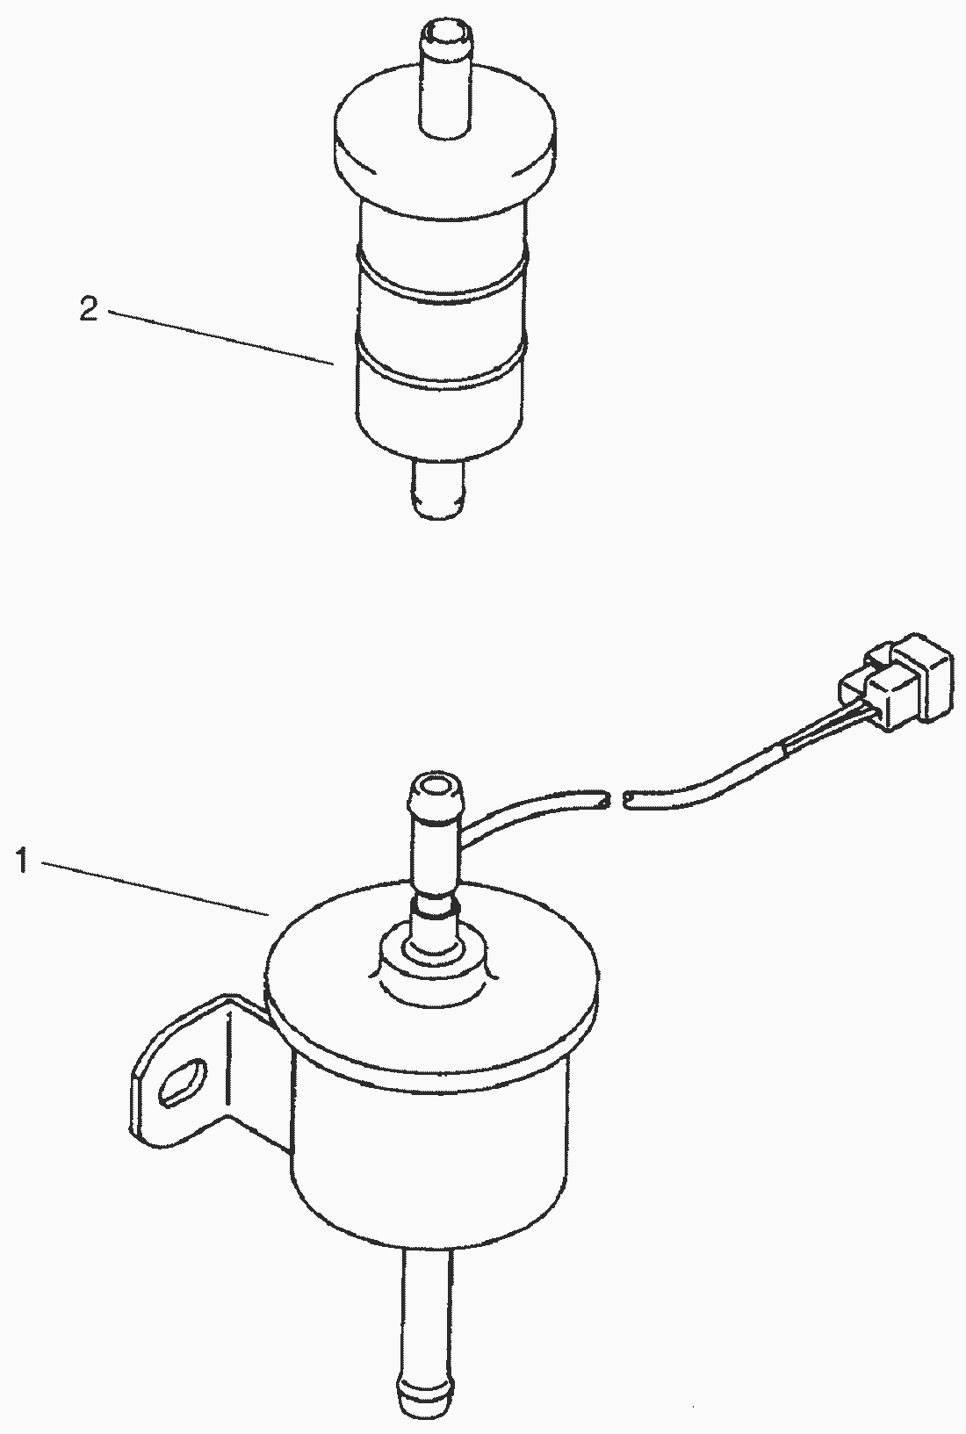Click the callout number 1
coord(23,859)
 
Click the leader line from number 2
coord(220,337)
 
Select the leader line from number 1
coord(155,889)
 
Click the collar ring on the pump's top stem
coord(436,906)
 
